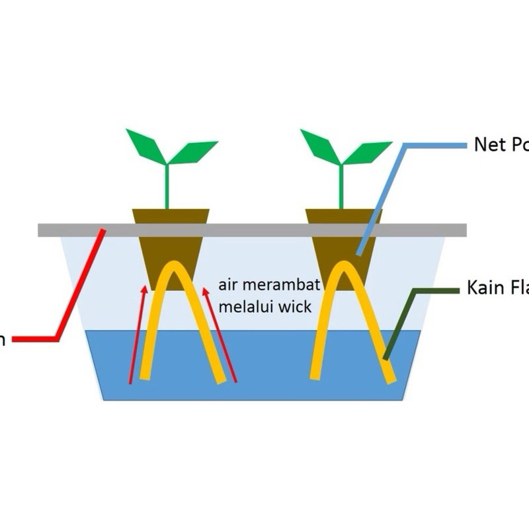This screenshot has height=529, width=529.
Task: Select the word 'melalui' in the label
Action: [x=243, y=307]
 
